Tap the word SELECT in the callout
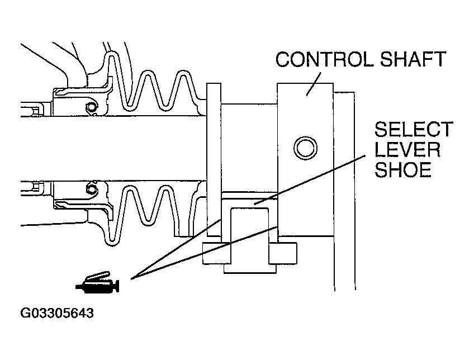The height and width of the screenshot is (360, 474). point(413,130)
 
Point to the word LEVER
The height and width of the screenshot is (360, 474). point(407,149)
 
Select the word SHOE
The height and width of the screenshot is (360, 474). point(403,169)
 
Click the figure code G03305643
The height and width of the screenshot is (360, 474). point(57,312)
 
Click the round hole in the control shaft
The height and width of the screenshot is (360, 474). point(305,147)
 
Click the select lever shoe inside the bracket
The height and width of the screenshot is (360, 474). point(250,224)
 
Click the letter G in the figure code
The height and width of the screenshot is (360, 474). point(26,312)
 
